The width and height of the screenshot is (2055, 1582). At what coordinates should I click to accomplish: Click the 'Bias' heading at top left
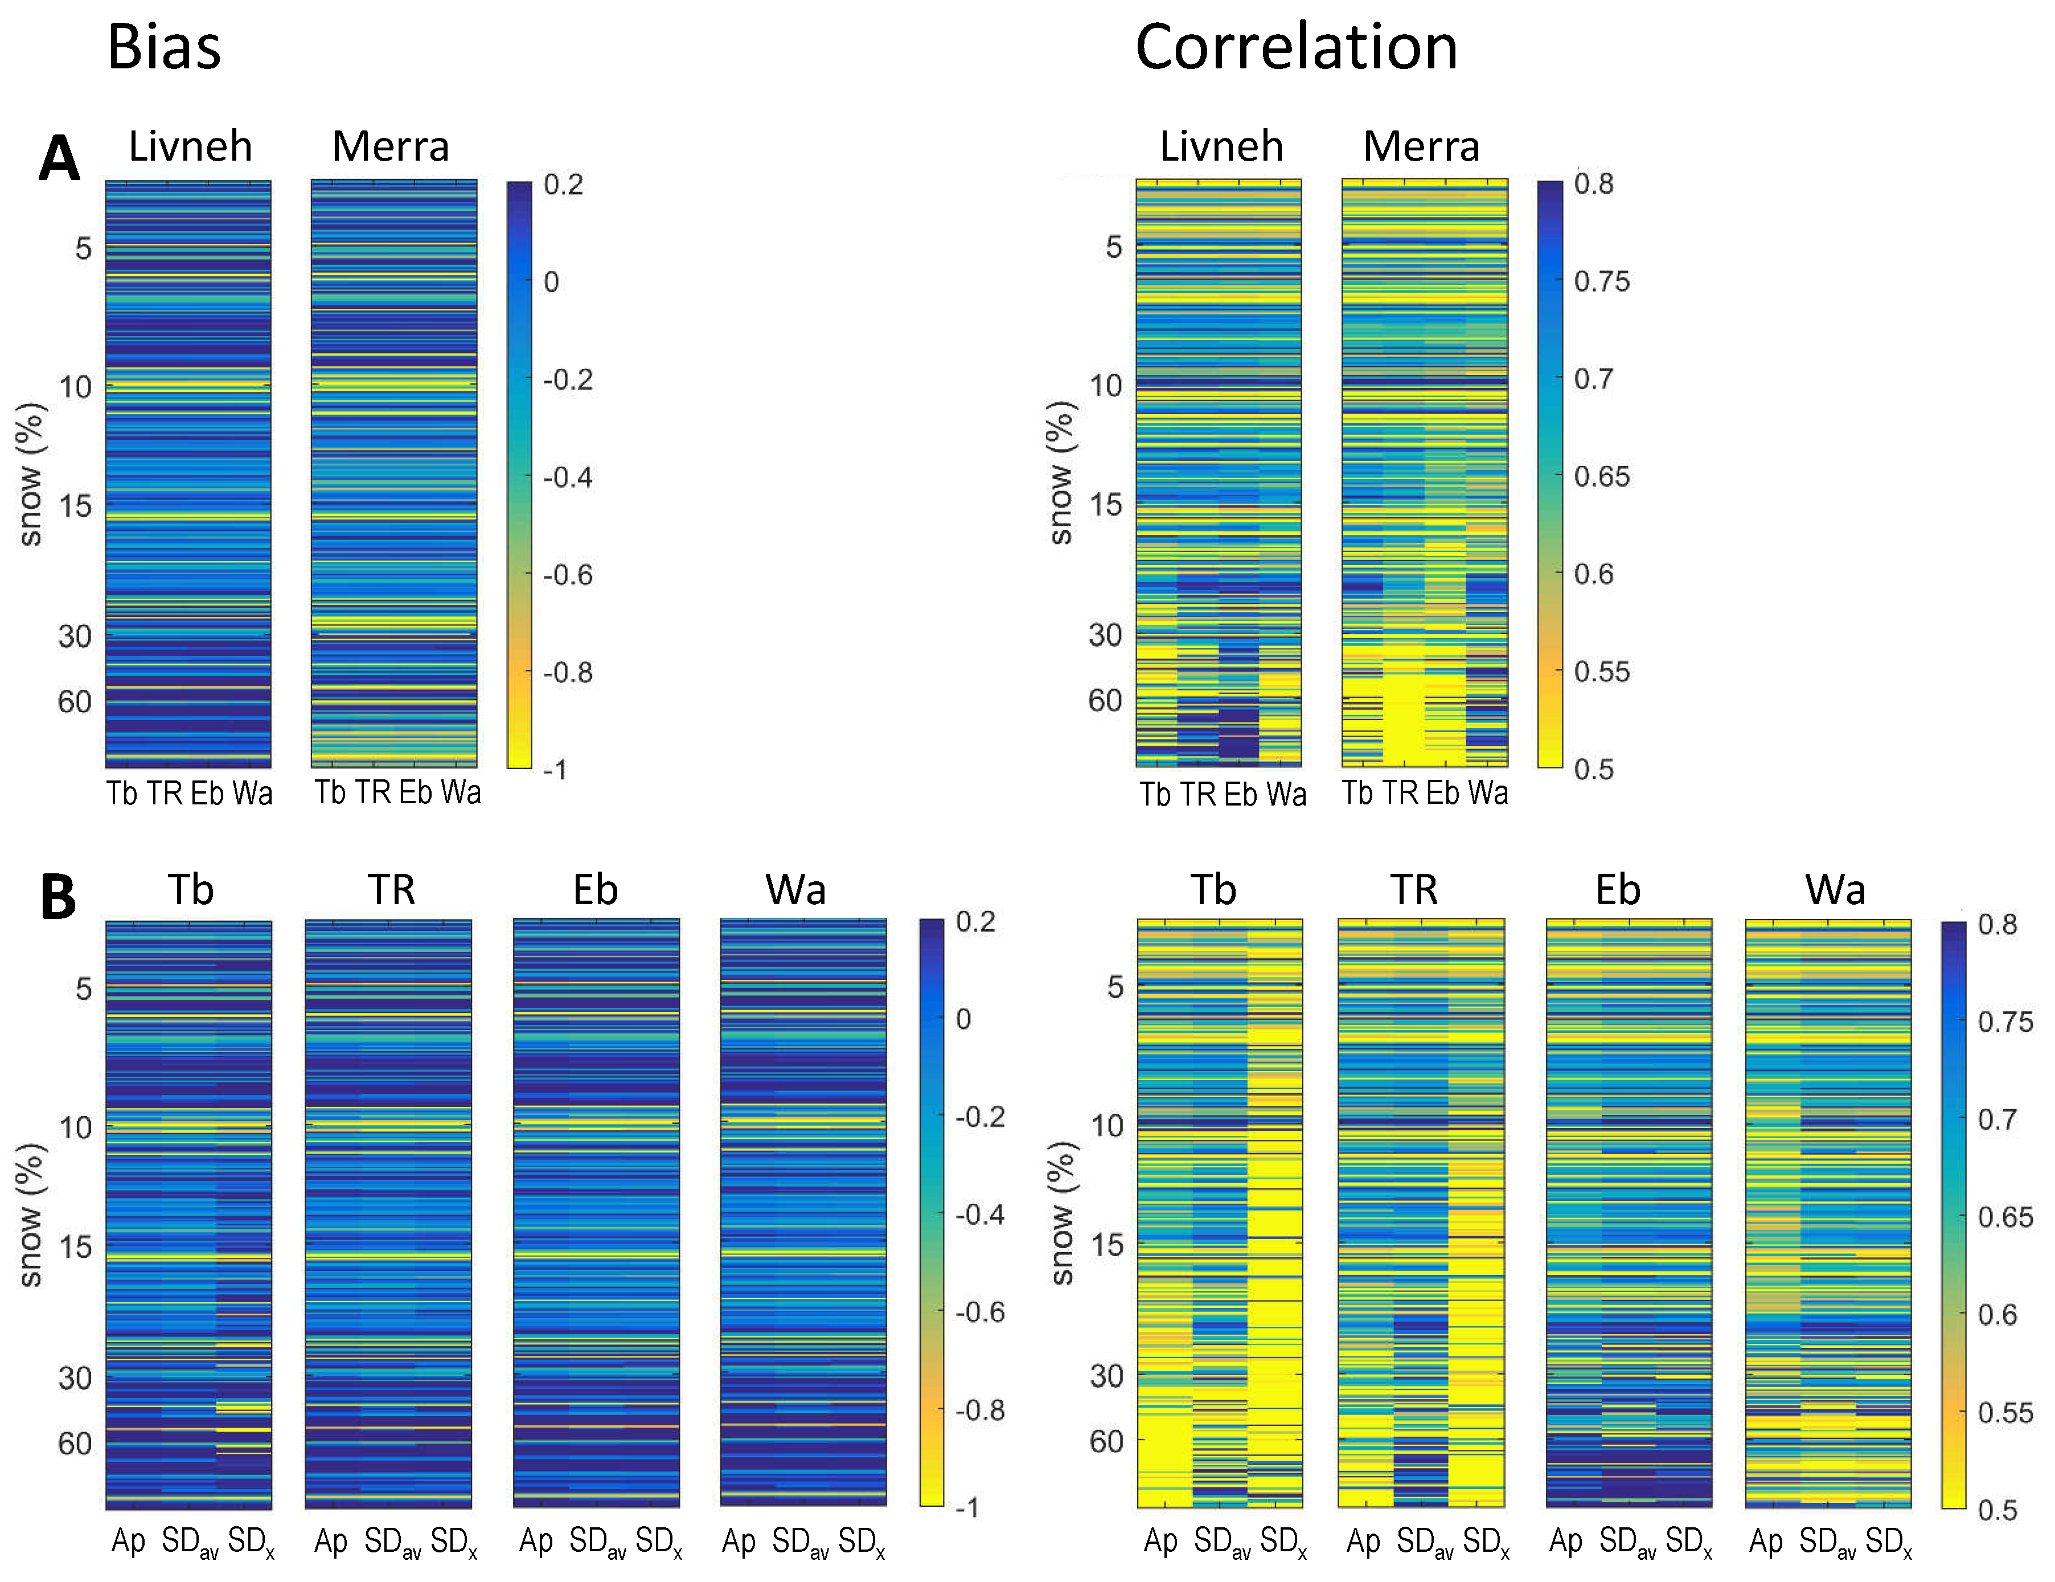tap(164, 47)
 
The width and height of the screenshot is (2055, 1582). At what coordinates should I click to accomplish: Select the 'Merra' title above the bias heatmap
tap(391, 147)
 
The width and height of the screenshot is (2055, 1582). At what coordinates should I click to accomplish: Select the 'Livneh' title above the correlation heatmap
tap(1221, 147)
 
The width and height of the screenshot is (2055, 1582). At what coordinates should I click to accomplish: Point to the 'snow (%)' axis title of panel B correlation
tap(1061, 1213)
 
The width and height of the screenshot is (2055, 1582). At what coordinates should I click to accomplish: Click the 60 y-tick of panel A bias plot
tap(75, 702)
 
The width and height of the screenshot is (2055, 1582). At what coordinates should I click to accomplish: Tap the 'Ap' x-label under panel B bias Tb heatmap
tap(128, 1542)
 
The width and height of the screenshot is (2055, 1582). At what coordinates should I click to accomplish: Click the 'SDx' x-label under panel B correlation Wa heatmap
tap(1889, 1543)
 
